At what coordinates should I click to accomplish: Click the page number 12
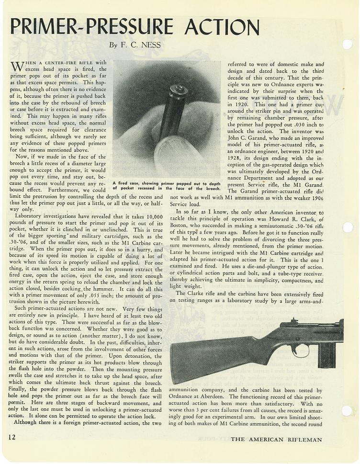coord(13,437)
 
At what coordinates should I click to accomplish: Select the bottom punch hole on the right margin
coord(347,410)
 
